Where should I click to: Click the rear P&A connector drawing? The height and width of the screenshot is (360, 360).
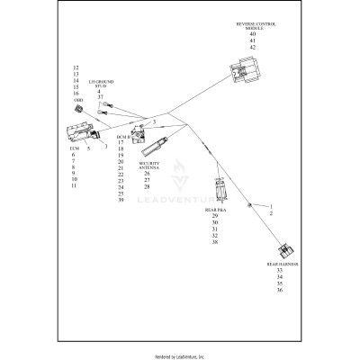(220, 189)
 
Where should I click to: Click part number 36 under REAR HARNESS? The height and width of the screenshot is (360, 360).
(281, 290)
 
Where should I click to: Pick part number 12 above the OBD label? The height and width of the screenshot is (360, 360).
(76, 68)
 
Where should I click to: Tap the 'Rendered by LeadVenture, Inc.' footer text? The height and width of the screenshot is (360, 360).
(180, 356)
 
